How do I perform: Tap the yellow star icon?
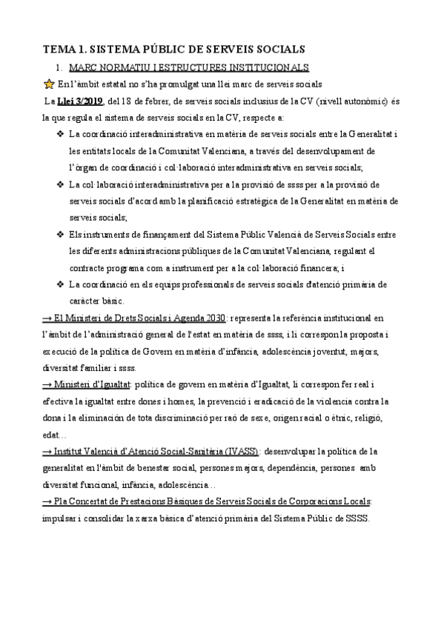50,84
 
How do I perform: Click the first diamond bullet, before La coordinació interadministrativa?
60,134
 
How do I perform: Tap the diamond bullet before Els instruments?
60,234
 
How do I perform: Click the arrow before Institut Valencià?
47,451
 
